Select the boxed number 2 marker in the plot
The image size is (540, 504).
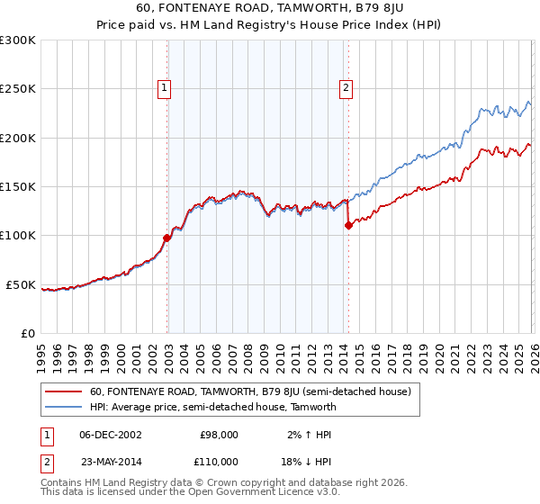(346, 88)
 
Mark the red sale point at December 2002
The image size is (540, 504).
(167, 238)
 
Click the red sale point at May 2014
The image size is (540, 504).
(348, 226)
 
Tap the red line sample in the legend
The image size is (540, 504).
(64, 392)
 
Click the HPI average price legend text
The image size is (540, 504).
(212, 407)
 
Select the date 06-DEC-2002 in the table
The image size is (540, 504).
(110, 435)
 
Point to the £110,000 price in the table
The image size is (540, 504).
(217, 461)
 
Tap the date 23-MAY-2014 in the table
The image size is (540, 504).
(110, 461)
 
